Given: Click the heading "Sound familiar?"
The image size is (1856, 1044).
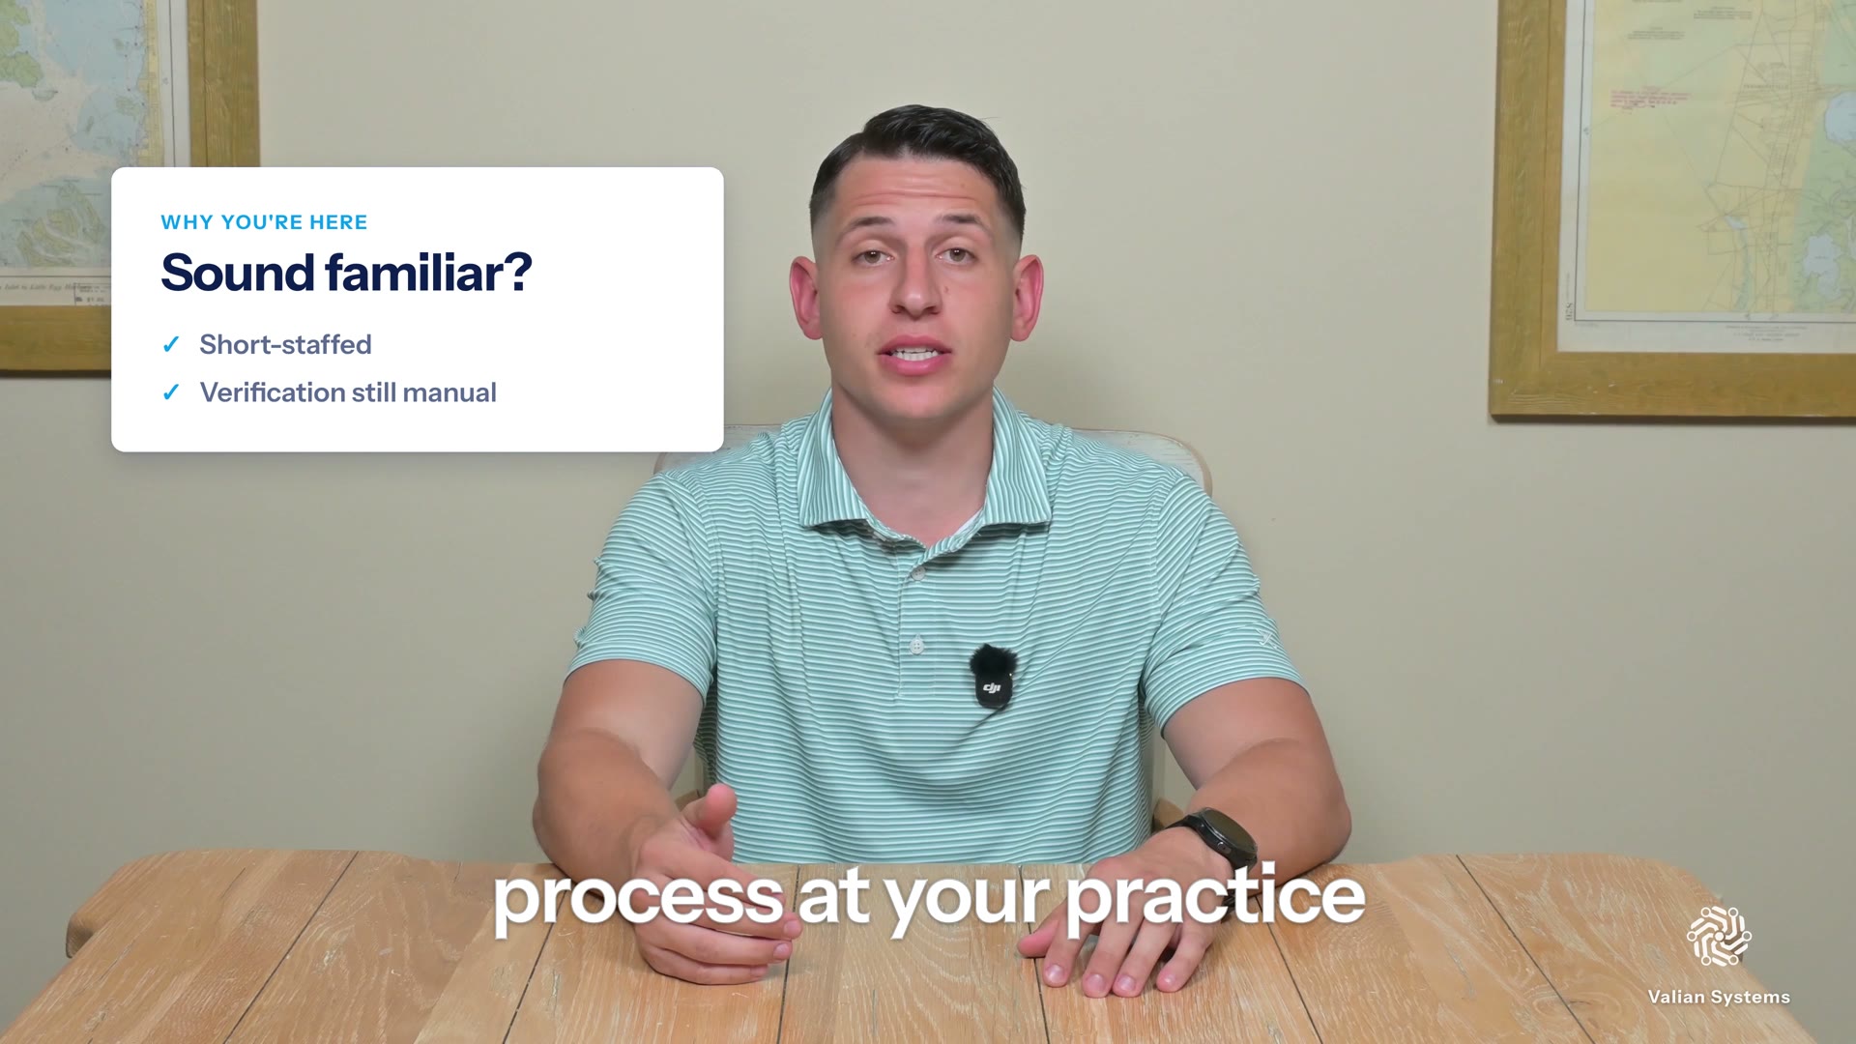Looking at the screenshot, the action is [346, 273].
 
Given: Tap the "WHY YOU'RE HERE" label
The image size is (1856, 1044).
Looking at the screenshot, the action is [264, 222].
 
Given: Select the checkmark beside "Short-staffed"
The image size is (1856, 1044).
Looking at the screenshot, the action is [171, 344].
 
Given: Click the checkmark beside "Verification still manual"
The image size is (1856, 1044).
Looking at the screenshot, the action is [171, 392].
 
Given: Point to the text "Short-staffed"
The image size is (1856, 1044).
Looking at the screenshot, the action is [285, 344].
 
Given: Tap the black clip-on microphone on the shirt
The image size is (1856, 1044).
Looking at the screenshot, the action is [993, 676].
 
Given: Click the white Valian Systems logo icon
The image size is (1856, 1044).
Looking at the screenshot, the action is [1719, 936].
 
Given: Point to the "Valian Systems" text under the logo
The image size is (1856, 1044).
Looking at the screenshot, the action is [1719, 997].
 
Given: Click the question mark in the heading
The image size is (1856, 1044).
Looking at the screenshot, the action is [518, 273].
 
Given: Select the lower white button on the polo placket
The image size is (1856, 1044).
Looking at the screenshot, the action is [916, 644].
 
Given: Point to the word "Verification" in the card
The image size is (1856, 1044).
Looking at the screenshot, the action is [271, 392].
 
